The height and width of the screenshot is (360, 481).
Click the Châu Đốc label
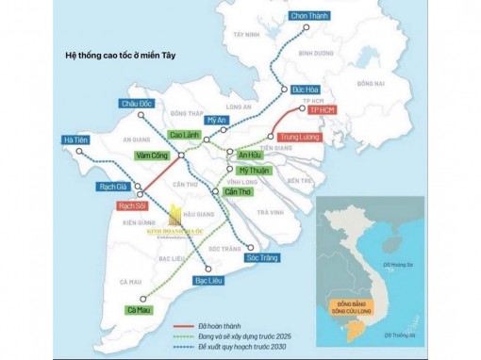pyautogui.click(x=138, y=104)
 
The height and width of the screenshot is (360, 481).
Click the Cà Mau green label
pyautogui.click(x=138, y=309)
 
